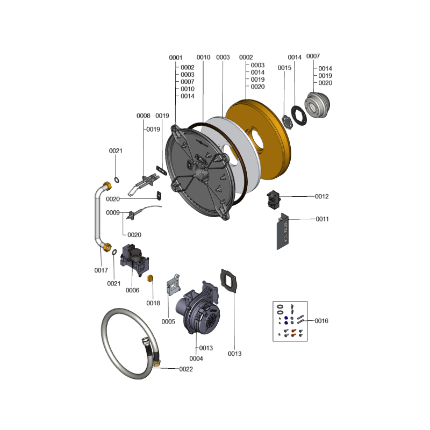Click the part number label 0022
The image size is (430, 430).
click(x=186, y=369)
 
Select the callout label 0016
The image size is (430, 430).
click(x=321, y=320)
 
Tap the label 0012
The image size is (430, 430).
click(x=321, y=196)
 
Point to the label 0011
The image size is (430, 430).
click(x=322, y=219)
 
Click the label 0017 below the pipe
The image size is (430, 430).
click(x=101, y=270)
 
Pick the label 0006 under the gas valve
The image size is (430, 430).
click(x=132, y=290)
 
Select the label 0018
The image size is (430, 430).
click(x=153, y=303)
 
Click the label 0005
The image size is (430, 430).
click(x=168, y=321)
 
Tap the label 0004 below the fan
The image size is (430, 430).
click(x=196, y=359)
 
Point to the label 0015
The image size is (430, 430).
click(x=284, y=68)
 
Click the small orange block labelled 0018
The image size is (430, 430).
click(x=150, y=278)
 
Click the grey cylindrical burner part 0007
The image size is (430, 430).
click(x=317, y=105)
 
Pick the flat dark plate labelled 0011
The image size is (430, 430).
click(x=283, y=231)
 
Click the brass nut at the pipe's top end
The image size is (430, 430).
click(x=107, y=185)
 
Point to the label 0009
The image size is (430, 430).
click(x=113, y=212)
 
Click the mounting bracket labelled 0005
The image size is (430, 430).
click(x=173, y=285)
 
